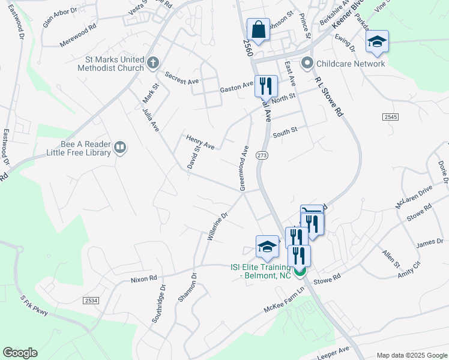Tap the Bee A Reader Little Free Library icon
[120, 147]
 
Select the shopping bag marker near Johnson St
[258, 29]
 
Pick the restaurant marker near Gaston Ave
[266, 86]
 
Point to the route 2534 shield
[91, 299]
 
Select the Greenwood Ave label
[244, 168]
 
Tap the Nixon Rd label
[143, 278]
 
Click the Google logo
[20, 353]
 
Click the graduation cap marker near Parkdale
[377, 42]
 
